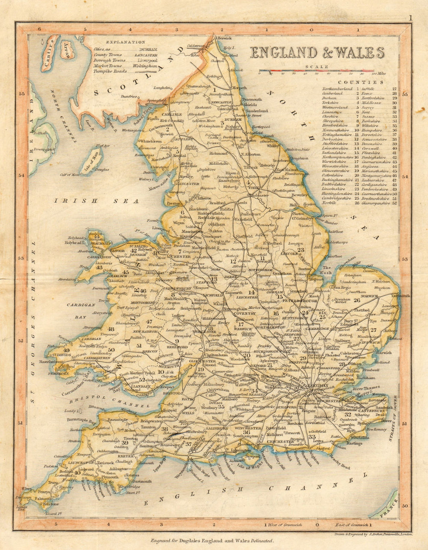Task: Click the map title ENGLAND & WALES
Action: click(x=317, y=53)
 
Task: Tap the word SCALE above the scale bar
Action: click(x=317, y=67)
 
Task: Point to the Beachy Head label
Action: click(x=340, y=466)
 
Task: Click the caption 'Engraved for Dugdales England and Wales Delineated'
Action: click(x=211, y=541)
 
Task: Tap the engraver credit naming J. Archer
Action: click(x=372, y=535)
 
